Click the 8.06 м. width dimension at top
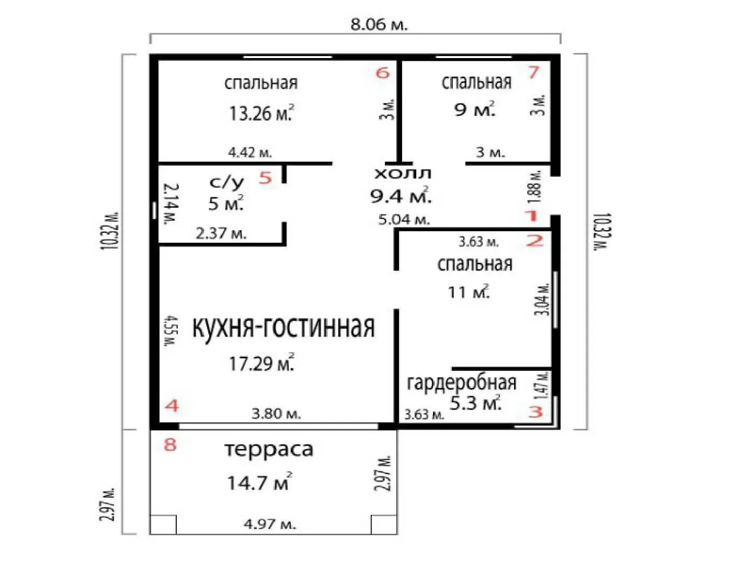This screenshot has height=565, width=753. pos(379,25)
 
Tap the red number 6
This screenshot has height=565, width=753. pos(383,73)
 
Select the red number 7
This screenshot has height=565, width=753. pos(534,72)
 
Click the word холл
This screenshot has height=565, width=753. pos(403,174)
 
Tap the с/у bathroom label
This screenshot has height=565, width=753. pos(226,183)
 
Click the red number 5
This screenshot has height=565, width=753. pos(265,178)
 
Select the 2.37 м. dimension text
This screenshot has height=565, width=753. pos(221,234)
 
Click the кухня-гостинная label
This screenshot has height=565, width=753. pos(283,327)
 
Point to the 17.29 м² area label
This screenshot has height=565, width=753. pos(261,363)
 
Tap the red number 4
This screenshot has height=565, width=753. pos(172,406)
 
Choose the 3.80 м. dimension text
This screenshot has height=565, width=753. pos(276,414)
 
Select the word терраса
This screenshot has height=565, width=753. pos(269,449)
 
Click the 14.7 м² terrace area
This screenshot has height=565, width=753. pos(260,482)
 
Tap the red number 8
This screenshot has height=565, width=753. pos(170,445)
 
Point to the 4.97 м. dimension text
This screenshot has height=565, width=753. pos(270,524)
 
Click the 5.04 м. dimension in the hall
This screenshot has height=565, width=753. pos(404,219)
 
